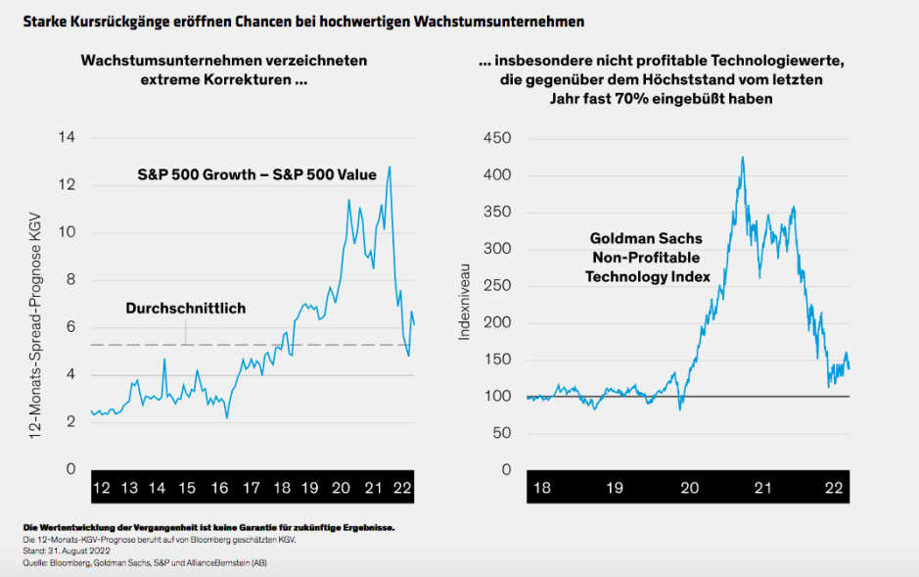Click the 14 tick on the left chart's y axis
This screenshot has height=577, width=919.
click(x=67, y=137)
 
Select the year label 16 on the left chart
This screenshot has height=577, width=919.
click(x=219, y=488)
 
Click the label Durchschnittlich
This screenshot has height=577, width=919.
click(x=186, y=309)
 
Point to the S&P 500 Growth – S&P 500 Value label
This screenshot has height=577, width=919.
click(x=256, y=175)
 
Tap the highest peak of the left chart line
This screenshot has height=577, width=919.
click(x=390, y=167)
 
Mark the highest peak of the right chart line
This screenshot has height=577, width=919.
click(x=742, y=158)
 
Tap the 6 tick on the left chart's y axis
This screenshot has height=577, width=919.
click(x=69, y=327)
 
